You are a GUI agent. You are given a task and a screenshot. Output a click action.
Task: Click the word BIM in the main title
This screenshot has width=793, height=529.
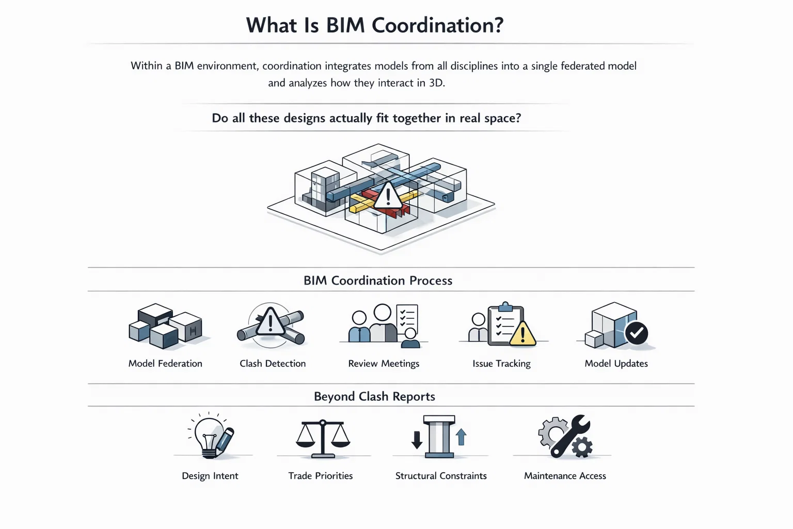pyautogui.click(x=345, y=25)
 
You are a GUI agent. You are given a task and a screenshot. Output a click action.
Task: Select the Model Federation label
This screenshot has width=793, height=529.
pyautogui.click(x=165, y=364)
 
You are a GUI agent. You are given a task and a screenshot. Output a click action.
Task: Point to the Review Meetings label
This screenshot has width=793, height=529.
pyautogui.click(x=384, y=364)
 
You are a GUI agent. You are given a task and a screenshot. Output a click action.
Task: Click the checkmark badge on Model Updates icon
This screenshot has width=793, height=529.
pyautogui.click(x=636, y=333)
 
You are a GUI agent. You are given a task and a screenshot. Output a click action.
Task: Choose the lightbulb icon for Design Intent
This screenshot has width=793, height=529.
pyautogui.click(x=209, y=437)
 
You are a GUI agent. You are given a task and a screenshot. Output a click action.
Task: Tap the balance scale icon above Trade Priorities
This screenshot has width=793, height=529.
pyautogui.click(x=323, y=439)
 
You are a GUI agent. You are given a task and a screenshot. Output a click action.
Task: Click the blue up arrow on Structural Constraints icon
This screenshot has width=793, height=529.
pyautogui.click(x=462, y=437)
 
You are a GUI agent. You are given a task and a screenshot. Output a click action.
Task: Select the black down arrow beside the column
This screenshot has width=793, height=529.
pyautogui.click(x=417, y=440)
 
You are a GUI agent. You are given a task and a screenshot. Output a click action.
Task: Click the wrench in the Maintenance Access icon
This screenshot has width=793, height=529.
pyautogui.click(x=570, y=437)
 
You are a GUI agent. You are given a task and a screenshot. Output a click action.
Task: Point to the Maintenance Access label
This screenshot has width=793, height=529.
pyautogui.click(x=565, y=476)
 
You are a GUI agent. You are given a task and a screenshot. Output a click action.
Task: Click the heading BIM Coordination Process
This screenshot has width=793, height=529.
pyautogui.click(x=378, y=281)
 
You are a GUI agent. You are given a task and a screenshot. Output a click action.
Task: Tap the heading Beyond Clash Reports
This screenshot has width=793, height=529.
pyautogui.click(x=374, y=396)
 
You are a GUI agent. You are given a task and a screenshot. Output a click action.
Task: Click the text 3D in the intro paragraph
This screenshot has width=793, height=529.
pyautogui.click(x=435, y=83)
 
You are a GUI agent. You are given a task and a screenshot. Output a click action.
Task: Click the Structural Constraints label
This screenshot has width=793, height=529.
pyautogui.click(x=441, y=476)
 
